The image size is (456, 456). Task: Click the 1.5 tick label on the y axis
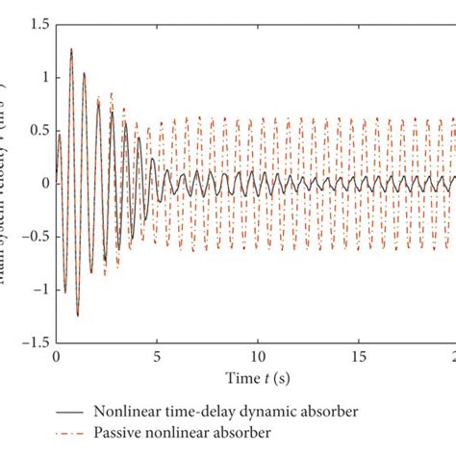[35, 22]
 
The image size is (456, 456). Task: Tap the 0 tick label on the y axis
[40, 183]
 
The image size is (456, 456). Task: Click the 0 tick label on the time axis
[55, 356]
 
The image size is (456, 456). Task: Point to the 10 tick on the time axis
[256, 356]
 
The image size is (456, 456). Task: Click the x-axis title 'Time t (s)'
[255, 375]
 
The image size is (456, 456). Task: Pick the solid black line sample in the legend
[71, 412]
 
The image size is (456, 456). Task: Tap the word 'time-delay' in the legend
[199, 412]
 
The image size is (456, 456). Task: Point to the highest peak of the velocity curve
[71, 48]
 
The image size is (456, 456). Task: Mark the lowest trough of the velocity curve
[77, 316]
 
